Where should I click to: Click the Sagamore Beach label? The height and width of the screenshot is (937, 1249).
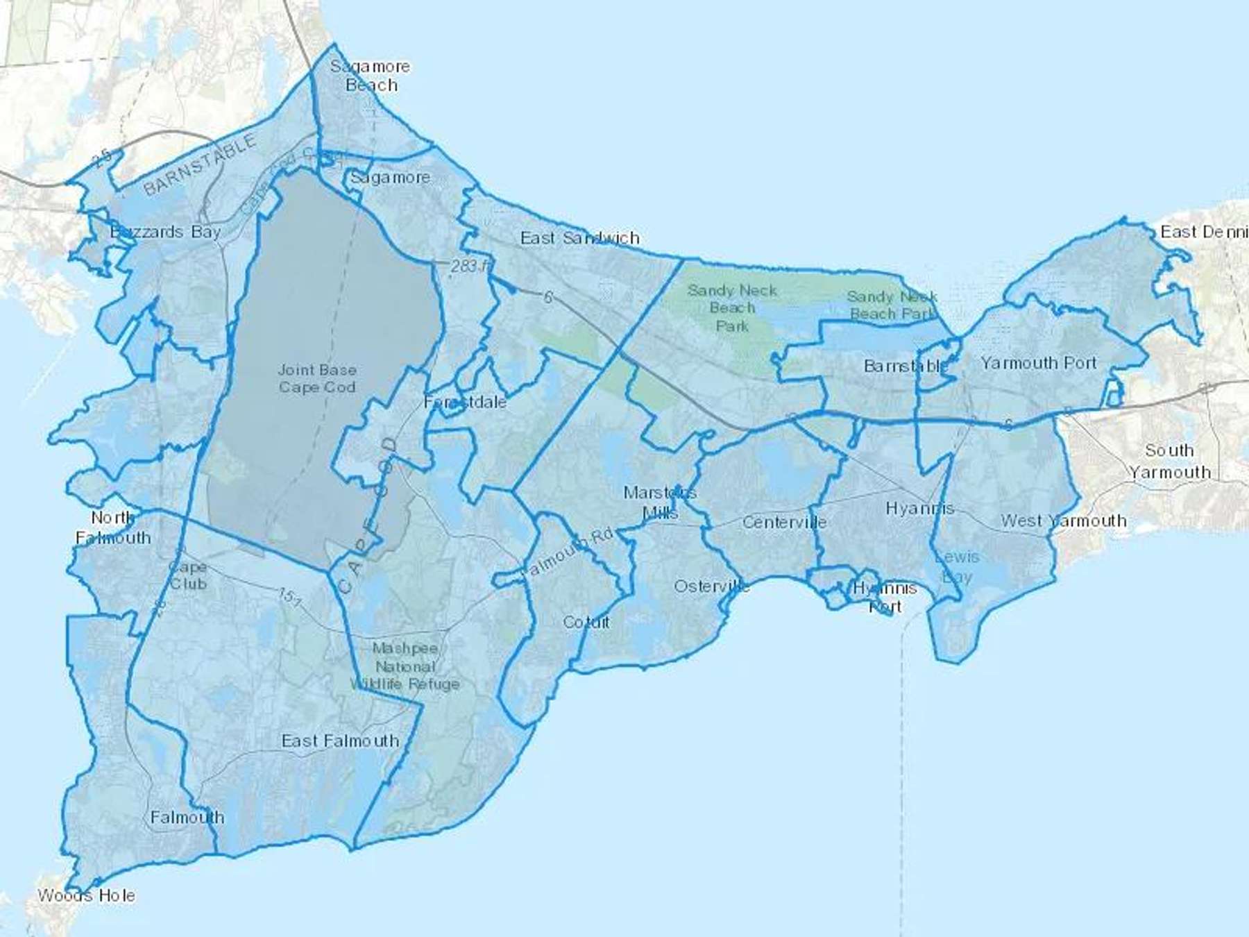(371, 76)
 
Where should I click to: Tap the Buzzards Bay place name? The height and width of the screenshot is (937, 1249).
(165, 232)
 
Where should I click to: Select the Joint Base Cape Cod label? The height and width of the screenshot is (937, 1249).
(317, 378)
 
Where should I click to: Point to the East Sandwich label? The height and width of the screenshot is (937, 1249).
(579, 238)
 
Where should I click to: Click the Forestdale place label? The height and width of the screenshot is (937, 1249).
(465, 402)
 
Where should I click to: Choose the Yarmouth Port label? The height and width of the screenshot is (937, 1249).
(1038, 362)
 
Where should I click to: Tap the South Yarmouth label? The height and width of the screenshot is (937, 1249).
(1169, 461)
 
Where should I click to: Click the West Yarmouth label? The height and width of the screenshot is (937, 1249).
(1063, 521)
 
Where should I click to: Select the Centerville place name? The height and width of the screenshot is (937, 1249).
(784, 522)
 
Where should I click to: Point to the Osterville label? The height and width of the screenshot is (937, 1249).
(712, 586)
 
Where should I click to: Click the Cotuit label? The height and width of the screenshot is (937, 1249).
(586, 622)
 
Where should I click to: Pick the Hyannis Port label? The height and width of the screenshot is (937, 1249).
(885, 597)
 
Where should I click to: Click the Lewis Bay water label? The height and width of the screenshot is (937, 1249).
(957, 566)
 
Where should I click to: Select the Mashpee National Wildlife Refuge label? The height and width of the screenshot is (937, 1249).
(405, 666)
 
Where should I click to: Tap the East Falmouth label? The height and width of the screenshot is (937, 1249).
(340, 741)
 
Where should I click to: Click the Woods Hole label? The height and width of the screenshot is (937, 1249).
(86, 895)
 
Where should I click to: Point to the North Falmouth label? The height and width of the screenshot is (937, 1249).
(112, 527)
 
